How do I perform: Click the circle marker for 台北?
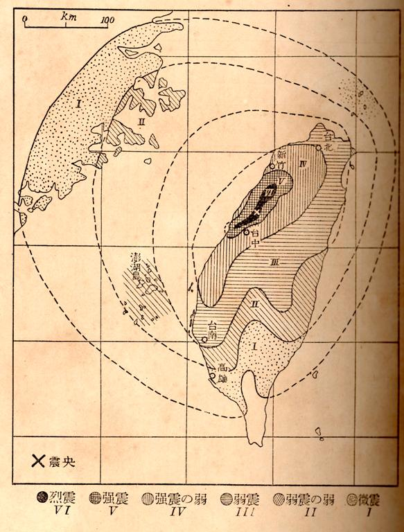pos(318,147)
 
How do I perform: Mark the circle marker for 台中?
pos(246,231)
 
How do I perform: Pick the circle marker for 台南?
pos(205,338)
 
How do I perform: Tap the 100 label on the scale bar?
pos(107,19)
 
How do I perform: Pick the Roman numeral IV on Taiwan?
pos(303,163)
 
